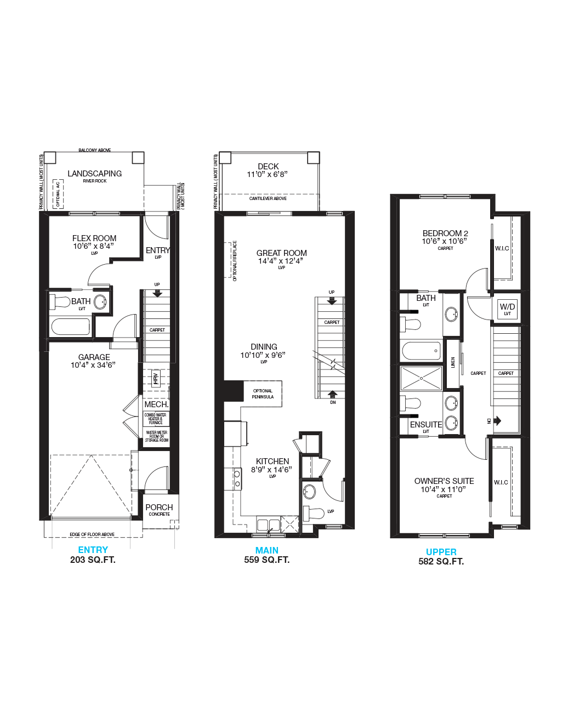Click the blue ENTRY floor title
click(93, 550)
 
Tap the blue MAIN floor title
click(266, 550)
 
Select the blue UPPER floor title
click(441, 552)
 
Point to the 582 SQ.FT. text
click(441, 561)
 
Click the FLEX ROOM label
click(94, 238)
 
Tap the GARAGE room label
click(94, 357)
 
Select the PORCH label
click(159, 508)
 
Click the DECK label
click(268, 167)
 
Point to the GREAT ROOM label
click(281, 253)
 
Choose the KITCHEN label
click(272, 461)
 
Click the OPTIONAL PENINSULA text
click(263, 394)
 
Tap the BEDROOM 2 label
click(445, 233)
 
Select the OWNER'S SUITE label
click(444, 481)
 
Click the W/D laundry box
click(507, 309)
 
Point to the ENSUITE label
click(426, 425)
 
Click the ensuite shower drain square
click(421, 378)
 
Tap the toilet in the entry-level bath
click(59, 301)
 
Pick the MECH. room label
click(156, 404)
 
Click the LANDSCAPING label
click(95, 174)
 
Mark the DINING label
click(264, 347)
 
